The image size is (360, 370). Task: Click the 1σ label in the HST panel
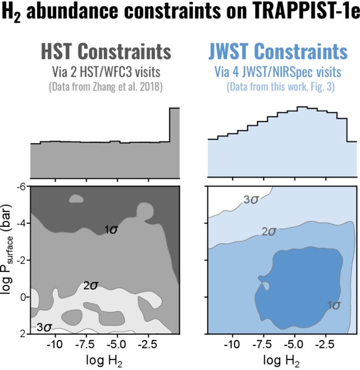click(111, 230)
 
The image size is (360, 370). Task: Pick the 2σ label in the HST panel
click(91, 286)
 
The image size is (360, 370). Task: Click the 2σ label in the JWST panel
click(268, 232)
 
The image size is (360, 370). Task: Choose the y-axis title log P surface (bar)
click(8, 259)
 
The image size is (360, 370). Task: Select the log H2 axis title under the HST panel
click(105, 361)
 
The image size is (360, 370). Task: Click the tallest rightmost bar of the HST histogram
click(175, 142)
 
